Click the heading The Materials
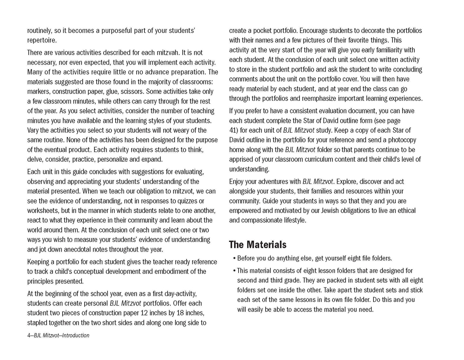tap(258, 245)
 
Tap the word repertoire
tap(41, 40)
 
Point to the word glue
tap(112, 91)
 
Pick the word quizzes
tap(185, 201)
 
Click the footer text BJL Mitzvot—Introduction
tap(58, 336)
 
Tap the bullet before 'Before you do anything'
tap(235, 258)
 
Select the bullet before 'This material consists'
tap(235, 271)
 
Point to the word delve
tap(35, 159)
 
